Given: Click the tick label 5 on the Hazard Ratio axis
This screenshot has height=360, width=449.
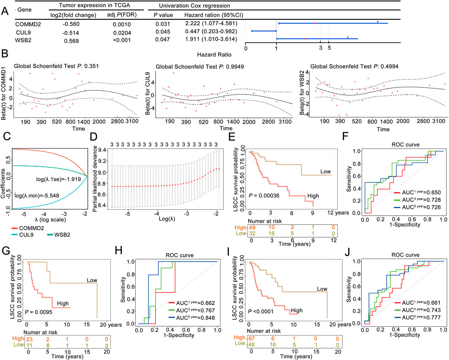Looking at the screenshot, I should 329,49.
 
